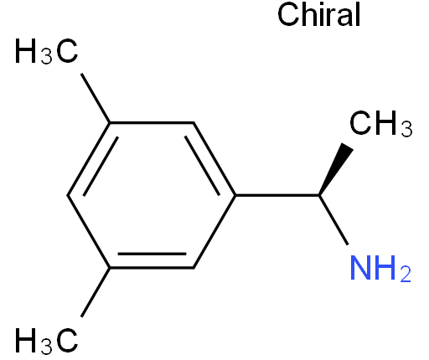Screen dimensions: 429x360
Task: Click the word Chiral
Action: [x=319, y=14]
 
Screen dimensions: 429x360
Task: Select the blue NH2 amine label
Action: [x=380, y=268]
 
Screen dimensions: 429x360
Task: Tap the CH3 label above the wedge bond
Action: [x=380, y=123]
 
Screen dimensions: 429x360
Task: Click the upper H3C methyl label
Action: [x=46, y=51]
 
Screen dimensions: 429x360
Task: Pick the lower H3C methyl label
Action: [x=46, y=341]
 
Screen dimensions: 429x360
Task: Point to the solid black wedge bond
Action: [x=335, y=170]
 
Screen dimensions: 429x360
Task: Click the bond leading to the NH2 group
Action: [x=333, y=220]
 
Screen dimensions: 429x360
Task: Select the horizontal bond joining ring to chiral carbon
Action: [x=277, y=195]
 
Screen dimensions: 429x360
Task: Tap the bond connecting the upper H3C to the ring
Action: [x=96, y=98]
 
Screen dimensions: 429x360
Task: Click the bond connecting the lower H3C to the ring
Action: [x=96, y=292]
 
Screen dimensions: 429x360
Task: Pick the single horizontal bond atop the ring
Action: [x=152, y=122]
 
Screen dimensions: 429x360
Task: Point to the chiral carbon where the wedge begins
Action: [x=319, y=195]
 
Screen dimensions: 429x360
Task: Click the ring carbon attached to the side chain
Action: [x=235, y=195]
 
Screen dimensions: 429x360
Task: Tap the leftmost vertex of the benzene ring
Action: [x=68, y=195]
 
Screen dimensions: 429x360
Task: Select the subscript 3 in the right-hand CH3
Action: [x=406, y=129]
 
